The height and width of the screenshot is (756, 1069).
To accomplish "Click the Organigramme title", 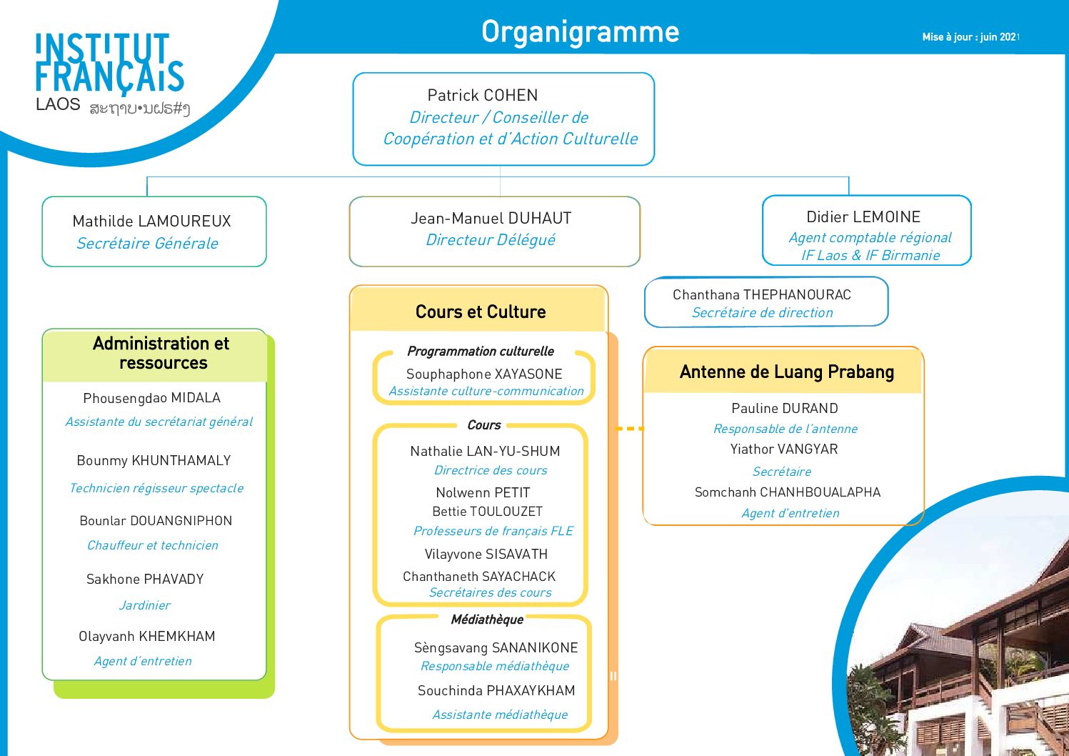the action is (580, 32).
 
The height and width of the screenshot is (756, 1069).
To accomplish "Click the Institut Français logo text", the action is (110, 62).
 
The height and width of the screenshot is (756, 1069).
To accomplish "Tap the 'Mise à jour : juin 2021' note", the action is (970, 36).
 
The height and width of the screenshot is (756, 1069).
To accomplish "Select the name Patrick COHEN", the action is (483, 95).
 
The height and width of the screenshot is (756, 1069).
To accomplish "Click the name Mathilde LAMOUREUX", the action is (152, 221).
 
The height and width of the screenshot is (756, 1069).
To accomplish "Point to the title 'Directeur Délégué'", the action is (491, 240).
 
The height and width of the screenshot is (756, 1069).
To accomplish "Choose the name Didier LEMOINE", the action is (863, 217).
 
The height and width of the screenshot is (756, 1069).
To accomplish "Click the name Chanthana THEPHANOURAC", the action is (762, 294).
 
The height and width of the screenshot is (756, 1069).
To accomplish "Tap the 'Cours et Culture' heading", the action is (481, 312).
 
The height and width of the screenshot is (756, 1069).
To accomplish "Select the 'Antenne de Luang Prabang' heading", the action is (786, 372).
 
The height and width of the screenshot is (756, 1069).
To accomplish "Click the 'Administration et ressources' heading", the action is (161, 353).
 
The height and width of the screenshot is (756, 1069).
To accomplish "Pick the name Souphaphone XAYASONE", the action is (484, 374).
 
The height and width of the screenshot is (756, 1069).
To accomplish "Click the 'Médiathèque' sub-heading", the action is (487, 620).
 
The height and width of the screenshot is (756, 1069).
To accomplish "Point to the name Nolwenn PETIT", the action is (483, 492).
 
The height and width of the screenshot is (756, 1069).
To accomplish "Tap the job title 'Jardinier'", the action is (144, 605).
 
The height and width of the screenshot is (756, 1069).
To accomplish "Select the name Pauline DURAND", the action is (785, 408).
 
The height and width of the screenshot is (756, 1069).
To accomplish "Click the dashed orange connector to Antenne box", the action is (629, 429).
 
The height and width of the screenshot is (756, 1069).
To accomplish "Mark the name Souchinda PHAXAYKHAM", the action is (496, 690).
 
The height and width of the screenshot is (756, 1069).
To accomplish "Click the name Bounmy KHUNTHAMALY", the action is (154, 460).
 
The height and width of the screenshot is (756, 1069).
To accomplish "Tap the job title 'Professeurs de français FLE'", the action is (493, 531).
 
